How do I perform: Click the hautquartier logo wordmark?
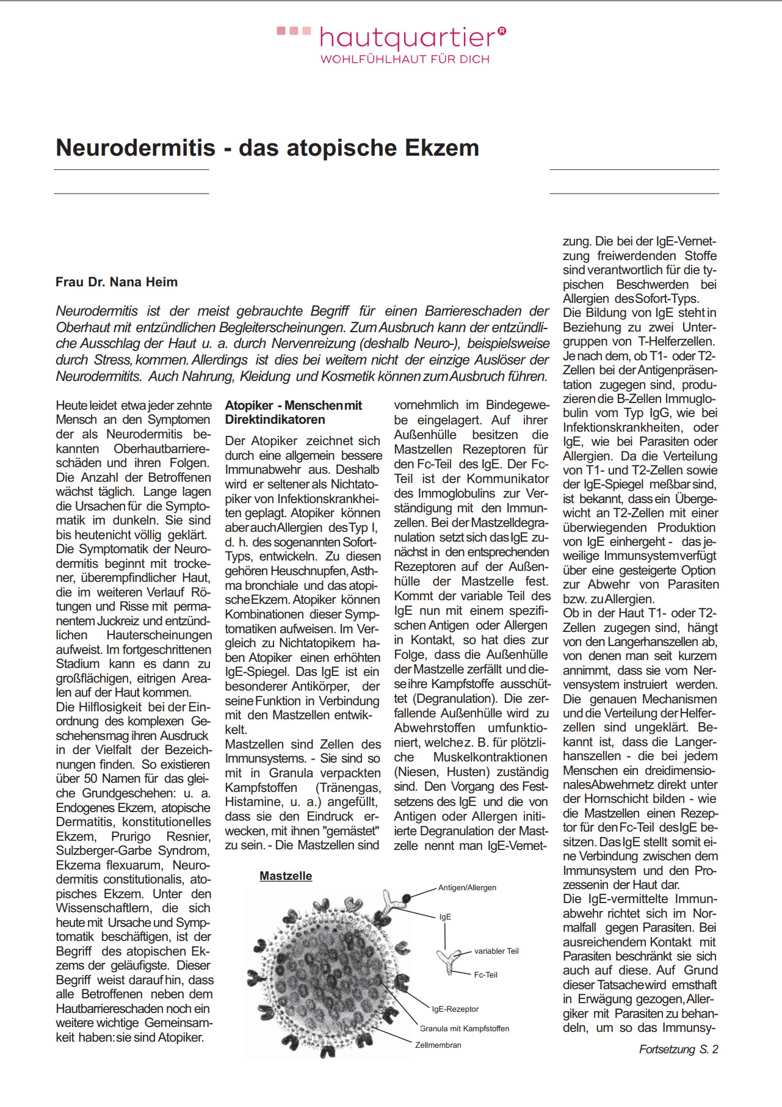pos(407,38)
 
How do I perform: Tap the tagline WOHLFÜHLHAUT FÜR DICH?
pos(405,59)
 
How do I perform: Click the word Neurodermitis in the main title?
pos(136,148)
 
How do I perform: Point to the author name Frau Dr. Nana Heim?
pos(117,282)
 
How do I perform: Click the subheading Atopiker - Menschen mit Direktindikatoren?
pos(293,412)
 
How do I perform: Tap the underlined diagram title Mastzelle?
pos(286,876)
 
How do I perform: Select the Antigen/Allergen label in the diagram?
pos(467,887)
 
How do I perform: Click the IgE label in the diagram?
pos(445,916)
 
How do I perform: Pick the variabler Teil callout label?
pos(496,951)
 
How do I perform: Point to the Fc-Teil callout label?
pos(485,975)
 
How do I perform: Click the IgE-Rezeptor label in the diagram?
pos(455,1009)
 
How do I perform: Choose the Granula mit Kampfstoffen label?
pos(465,1028)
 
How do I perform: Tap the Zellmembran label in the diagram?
pos(438,1045)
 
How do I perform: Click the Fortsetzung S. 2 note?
pos(678,1049)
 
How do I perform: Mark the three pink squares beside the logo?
pos(294,31)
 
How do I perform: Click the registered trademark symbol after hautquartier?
pos(502,30)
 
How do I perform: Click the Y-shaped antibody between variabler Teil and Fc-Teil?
pos(451,961)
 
